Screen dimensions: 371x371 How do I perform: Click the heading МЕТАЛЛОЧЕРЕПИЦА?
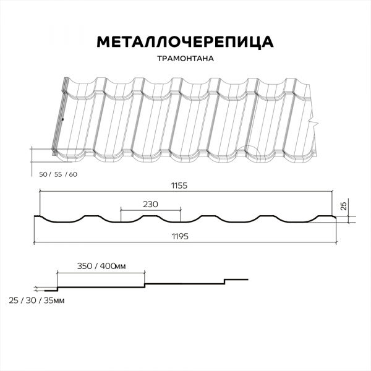pyautogui.click(x=185, y=42)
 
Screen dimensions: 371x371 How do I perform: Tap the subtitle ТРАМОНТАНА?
pyautogui.click(x=185, y=59)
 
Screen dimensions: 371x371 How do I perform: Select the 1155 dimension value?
pyautogui.click(x=179, y=185)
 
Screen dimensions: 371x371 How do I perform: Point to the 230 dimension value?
pyautogui.click(x=150, y=204)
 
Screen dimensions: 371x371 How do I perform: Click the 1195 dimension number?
pyautogui.click(x=180, y=236)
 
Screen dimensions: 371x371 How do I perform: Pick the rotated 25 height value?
pyautogui.click(x=344, y=206)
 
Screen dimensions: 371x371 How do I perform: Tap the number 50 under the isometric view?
pyautogui.click(x=43, y=174)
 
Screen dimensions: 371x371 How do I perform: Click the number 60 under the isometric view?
pyautogui.click(x=73, y=174)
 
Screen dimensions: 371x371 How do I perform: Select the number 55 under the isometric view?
pyautogui.click(x=58, y=174)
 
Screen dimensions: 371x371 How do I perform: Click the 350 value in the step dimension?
pyautogui.click(x=85, y=266)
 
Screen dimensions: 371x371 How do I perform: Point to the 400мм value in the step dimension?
pyautogui.click(x=113, y=266)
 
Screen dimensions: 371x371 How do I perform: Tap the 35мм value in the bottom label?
pyautogui.click(x=54, y=301)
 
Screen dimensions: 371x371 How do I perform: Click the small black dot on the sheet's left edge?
pyautogui.click(x=62, y=119)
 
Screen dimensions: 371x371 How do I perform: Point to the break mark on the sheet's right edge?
pyautogui.click(x=313, y=122)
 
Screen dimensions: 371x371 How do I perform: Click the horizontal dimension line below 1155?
pyautogui.click(x=186, y=190)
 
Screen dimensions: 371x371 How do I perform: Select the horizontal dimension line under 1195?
pyautogui.click(x=185, y=242)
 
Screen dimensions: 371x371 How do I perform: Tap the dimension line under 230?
pyautogui.click(x=151, y=210)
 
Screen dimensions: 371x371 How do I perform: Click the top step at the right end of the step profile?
pyautogui.click(x=236, y=279)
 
